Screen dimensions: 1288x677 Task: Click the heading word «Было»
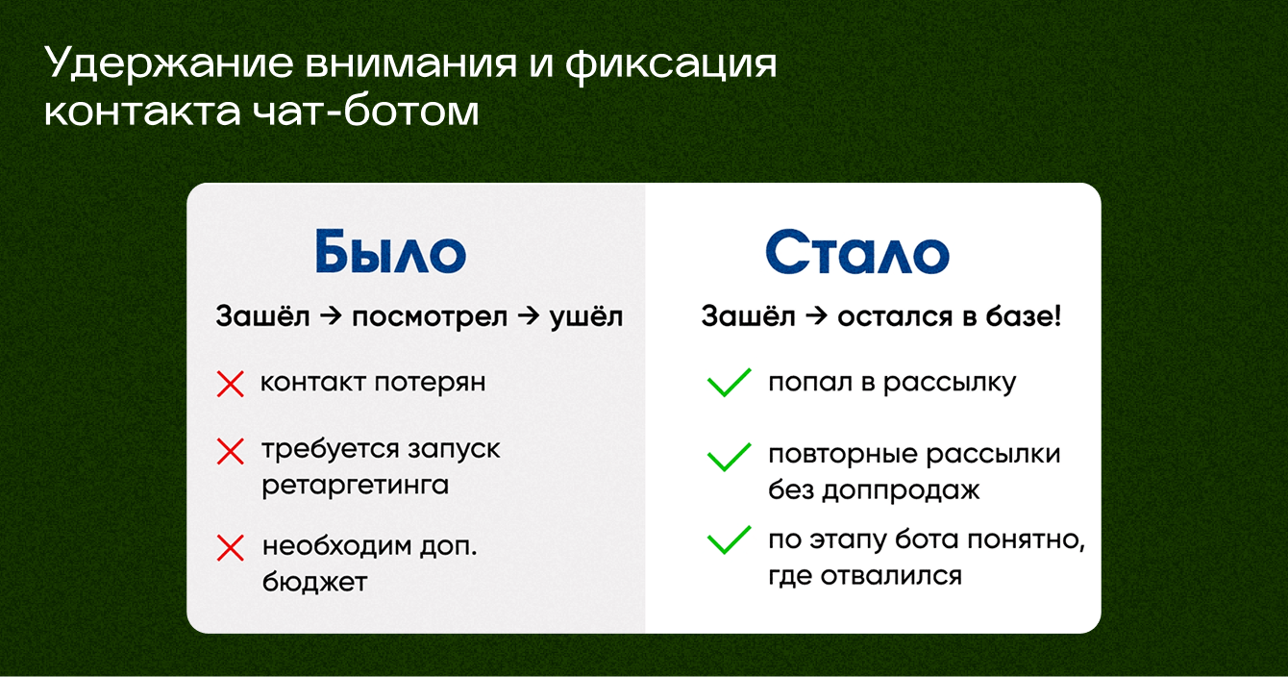390,251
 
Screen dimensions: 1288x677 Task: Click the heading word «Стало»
857,251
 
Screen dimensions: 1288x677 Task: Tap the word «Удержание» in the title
169,64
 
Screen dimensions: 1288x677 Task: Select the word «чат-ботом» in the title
365,111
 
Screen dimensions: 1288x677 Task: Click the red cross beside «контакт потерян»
230,384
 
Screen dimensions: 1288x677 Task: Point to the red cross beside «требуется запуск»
230,451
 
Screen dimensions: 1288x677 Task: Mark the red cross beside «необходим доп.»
230,547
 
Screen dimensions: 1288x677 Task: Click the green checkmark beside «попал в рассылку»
729,383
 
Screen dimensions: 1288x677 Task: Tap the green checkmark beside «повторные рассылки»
729,458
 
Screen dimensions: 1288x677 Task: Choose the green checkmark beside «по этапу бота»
729,540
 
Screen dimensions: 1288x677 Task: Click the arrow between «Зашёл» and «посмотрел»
331,316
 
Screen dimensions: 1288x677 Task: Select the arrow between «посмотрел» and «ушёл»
529,316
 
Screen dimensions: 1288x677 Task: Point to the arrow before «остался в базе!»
816,316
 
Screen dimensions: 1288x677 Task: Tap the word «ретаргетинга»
356,486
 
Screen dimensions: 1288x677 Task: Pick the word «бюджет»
314,582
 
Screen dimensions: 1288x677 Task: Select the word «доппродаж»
901,490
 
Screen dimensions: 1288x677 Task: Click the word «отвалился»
891,576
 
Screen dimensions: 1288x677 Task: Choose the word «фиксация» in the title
671,64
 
